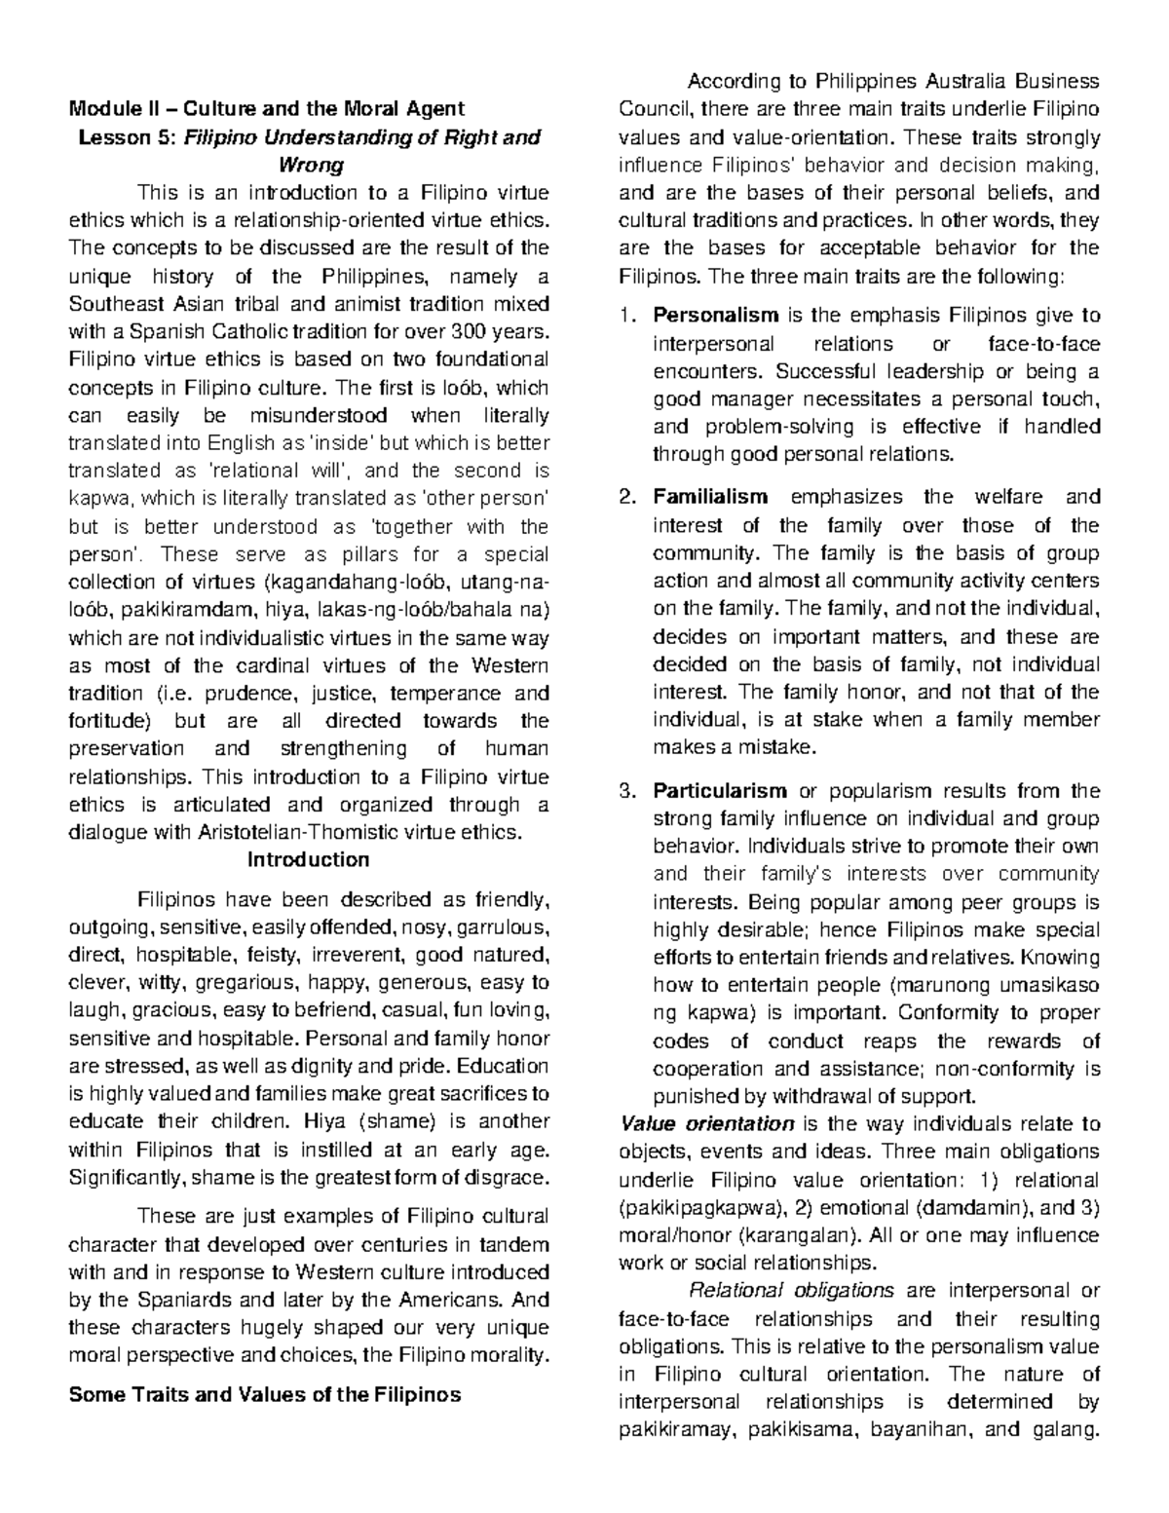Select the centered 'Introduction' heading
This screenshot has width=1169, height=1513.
pyautogui.click(x=308, y=860)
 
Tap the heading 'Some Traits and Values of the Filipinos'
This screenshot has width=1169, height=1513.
pyautogui.click(x=264, y=1394)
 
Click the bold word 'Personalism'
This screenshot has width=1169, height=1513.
pyautogui.click(x=715, y=316)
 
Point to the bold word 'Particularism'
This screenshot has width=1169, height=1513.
pyautogui.click(x=720, y=791)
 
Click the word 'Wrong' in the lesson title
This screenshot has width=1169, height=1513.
pyautogui.click(x=308, y=165)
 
